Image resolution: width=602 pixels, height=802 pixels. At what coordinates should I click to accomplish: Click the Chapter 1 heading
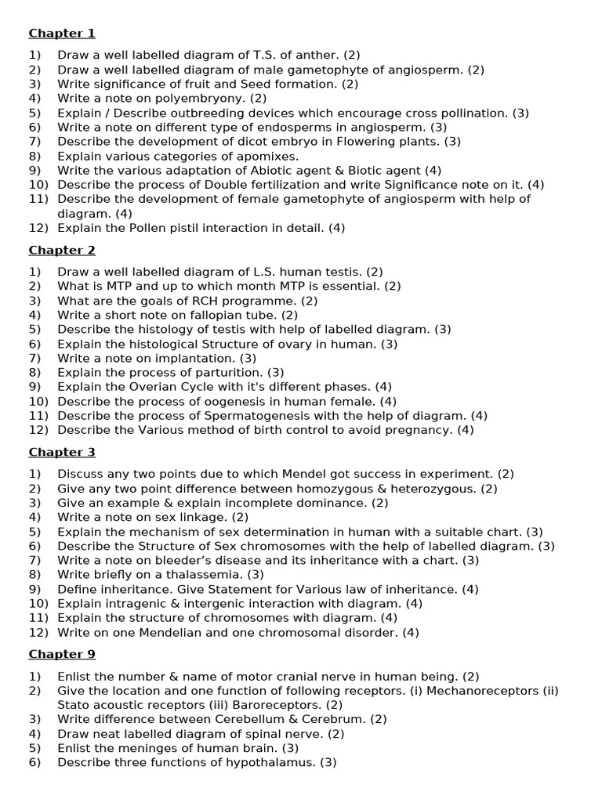[62, 33]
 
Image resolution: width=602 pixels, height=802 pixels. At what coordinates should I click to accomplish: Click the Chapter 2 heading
[62, 250]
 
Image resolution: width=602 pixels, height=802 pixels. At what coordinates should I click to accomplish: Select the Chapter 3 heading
[62, 452]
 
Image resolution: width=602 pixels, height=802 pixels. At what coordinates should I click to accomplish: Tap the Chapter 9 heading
[62, 654]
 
